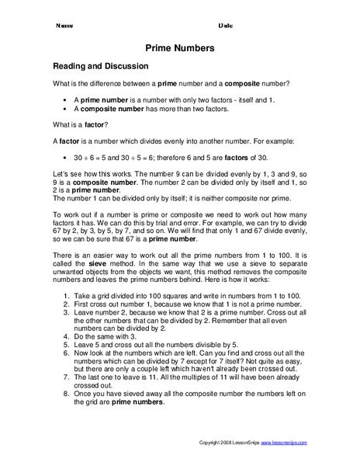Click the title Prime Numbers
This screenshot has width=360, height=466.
coord(180,48)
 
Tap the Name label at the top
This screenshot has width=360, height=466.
coord(64,25)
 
